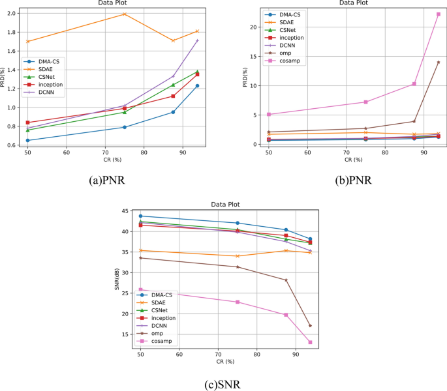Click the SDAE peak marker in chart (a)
[x=124, y=14]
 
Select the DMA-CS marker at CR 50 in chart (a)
[x=27, y=140]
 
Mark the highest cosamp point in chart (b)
[x=439, y=14]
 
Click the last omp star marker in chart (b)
[x=439, y=62]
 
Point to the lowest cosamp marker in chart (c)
[x=310, y=342]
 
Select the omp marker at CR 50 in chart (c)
[x=140, y=257]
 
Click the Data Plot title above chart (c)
[x=224, y=203]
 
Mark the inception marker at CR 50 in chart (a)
[x=27, y=123]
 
